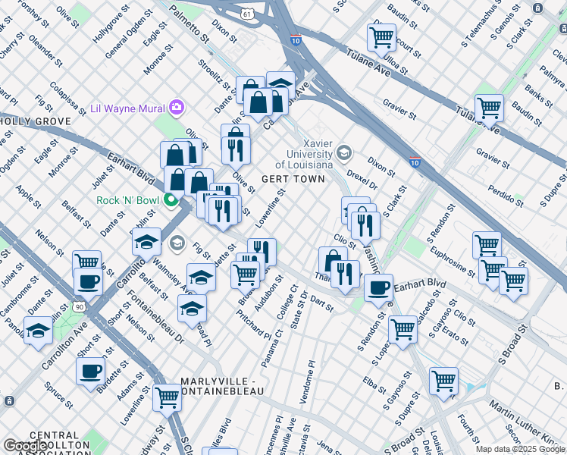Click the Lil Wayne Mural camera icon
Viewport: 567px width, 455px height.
[177, 107]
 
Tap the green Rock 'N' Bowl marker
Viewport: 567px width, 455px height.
[172, 201]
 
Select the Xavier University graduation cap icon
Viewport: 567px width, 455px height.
[344, 153]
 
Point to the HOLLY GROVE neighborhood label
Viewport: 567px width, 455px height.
[36, 121]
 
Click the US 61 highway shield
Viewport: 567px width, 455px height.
[247, 14]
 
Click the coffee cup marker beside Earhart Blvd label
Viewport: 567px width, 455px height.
[378, 288]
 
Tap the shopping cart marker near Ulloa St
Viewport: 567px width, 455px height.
[381, 36]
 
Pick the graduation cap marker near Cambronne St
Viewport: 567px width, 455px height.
[38, 331]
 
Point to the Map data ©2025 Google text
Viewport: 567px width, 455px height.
[520, 449]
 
